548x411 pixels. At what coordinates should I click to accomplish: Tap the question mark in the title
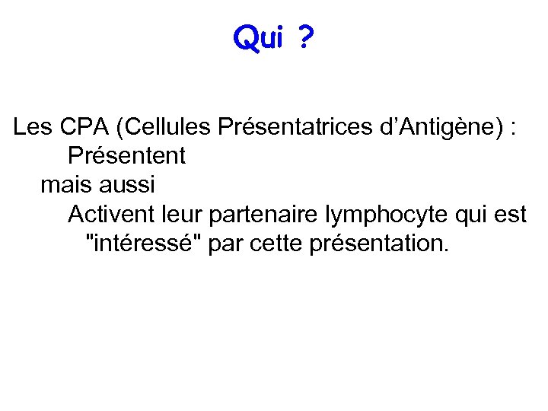pyautogui.click(x=304, y=38)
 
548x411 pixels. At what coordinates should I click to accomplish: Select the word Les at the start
pyautogui.click(x=32, y=128)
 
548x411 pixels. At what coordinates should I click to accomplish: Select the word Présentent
pyautogui.click(x=126, y=157)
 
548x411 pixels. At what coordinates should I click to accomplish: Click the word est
pyautogui.click(x=508, y=215)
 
